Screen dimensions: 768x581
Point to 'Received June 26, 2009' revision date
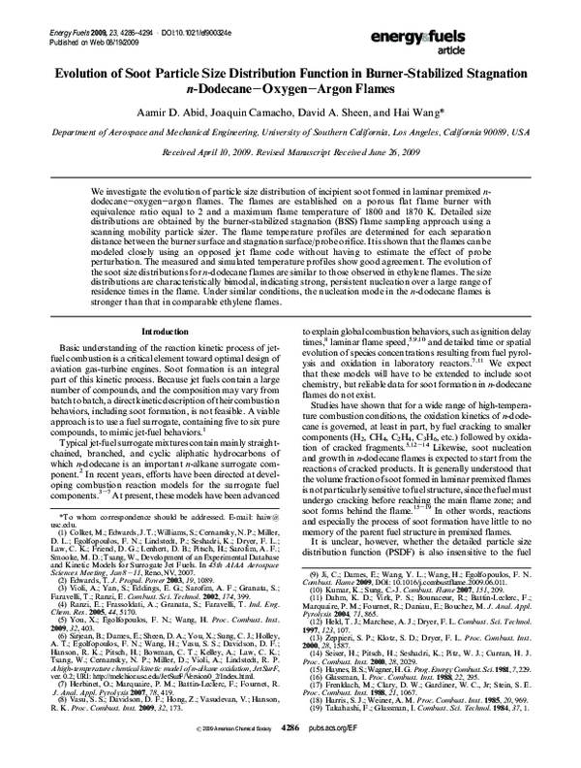click(x=342, y=125)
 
